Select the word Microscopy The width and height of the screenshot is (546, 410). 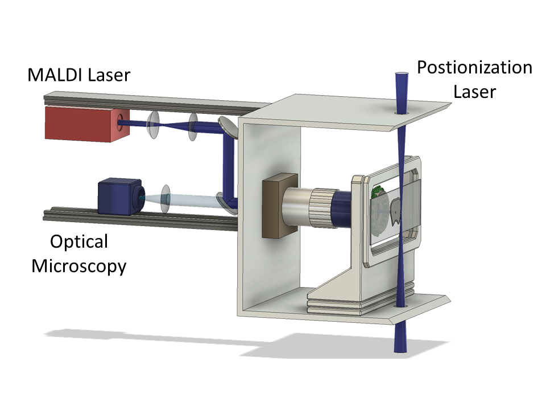tap(78, 265)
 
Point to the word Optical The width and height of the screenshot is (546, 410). tap(78, 241)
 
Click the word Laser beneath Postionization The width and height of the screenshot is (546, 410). tap(475, 91)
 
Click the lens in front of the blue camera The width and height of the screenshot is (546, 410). tap(166, 199)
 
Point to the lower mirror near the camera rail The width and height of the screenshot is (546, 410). tap(226, 202)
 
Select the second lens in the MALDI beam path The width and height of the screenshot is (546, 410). tap(192, 126)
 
